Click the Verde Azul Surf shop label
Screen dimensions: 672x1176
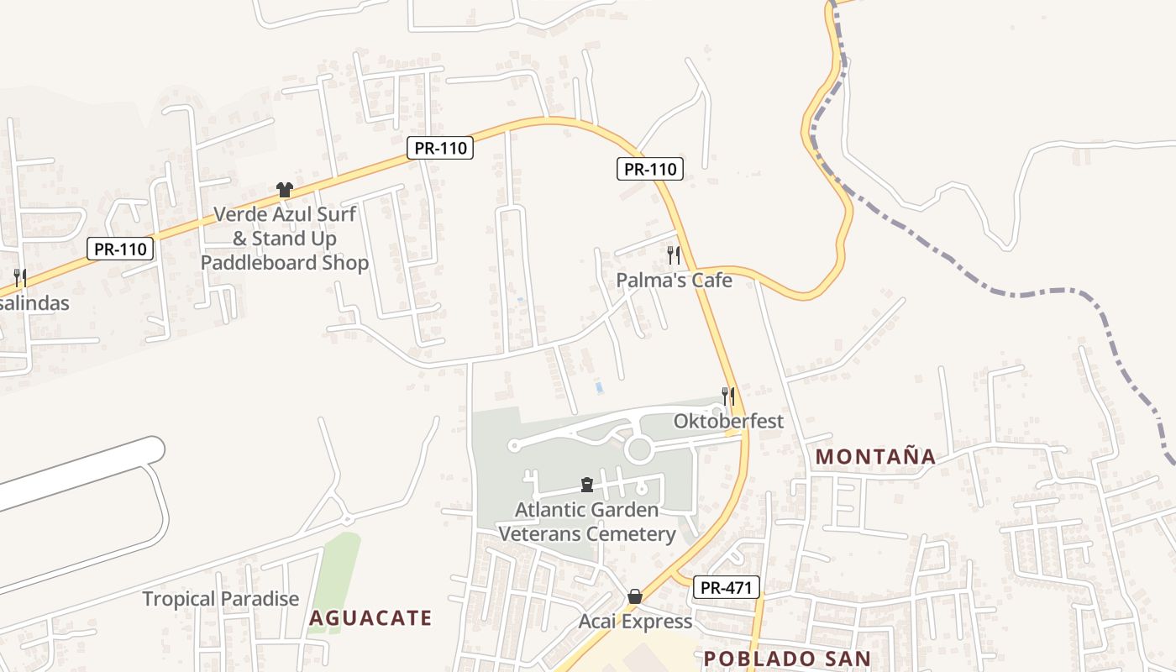(285, 239)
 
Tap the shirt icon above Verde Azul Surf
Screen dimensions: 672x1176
(284, 191)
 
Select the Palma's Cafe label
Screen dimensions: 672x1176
(674, 281)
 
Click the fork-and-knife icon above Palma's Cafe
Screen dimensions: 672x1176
(674, 255)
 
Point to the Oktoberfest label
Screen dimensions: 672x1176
(728, 421)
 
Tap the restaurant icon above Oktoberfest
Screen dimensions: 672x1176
(728, 396)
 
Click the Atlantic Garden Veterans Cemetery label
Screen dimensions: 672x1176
(587, 522)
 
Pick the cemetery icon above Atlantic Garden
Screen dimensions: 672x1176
(587, 485)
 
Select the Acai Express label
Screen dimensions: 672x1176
(635, 622)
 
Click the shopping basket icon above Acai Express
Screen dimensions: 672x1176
(635, 596)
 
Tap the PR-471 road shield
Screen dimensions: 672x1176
(726, 588)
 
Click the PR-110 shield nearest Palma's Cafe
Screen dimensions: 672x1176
(650, 169)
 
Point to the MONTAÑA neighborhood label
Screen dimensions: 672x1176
(875, 457)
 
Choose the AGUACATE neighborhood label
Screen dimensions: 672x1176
(370, 619)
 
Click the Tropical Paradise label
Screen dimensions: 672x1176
(221, 599)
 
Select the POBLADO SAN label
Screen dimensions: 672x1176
(786, 659)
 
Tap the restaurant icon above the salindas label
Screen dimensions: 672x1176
(20, 277)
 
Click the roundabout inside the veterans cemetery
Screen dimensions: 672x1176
(639, 449)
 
